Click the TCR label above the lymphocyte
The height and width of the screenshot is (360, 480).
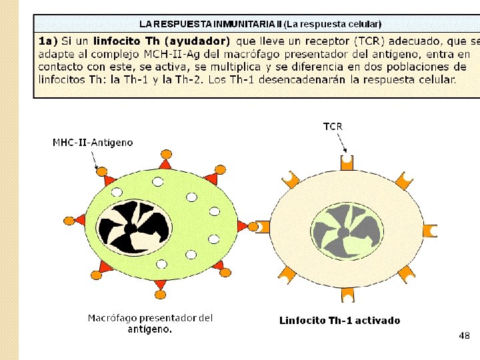[x=333, y=126]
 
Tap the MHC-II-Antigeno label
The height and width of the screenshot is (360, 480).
[x=93, y=142]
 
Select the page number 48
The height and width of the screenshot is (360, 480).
[x=464, y=335]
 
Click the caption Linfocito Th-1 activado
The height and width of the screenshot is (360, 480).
[x=339, y=321]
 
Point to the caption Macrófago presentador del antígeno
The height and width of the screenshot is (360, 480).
[x=150, y=323]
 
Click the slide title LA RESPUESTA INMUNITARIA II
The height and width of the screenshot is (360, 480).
[x=211, y=24]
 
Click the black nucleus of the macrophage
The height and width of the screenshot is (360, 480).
[x=131, y=227]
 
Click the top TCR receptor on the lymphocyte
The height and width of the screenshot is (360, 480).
[x=346, y=162]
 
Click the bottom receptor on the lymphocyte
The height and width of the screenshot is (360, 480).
[x=346, y=297]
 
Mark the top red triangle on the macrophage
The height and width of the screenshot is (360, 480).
[x=164, y=163]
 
